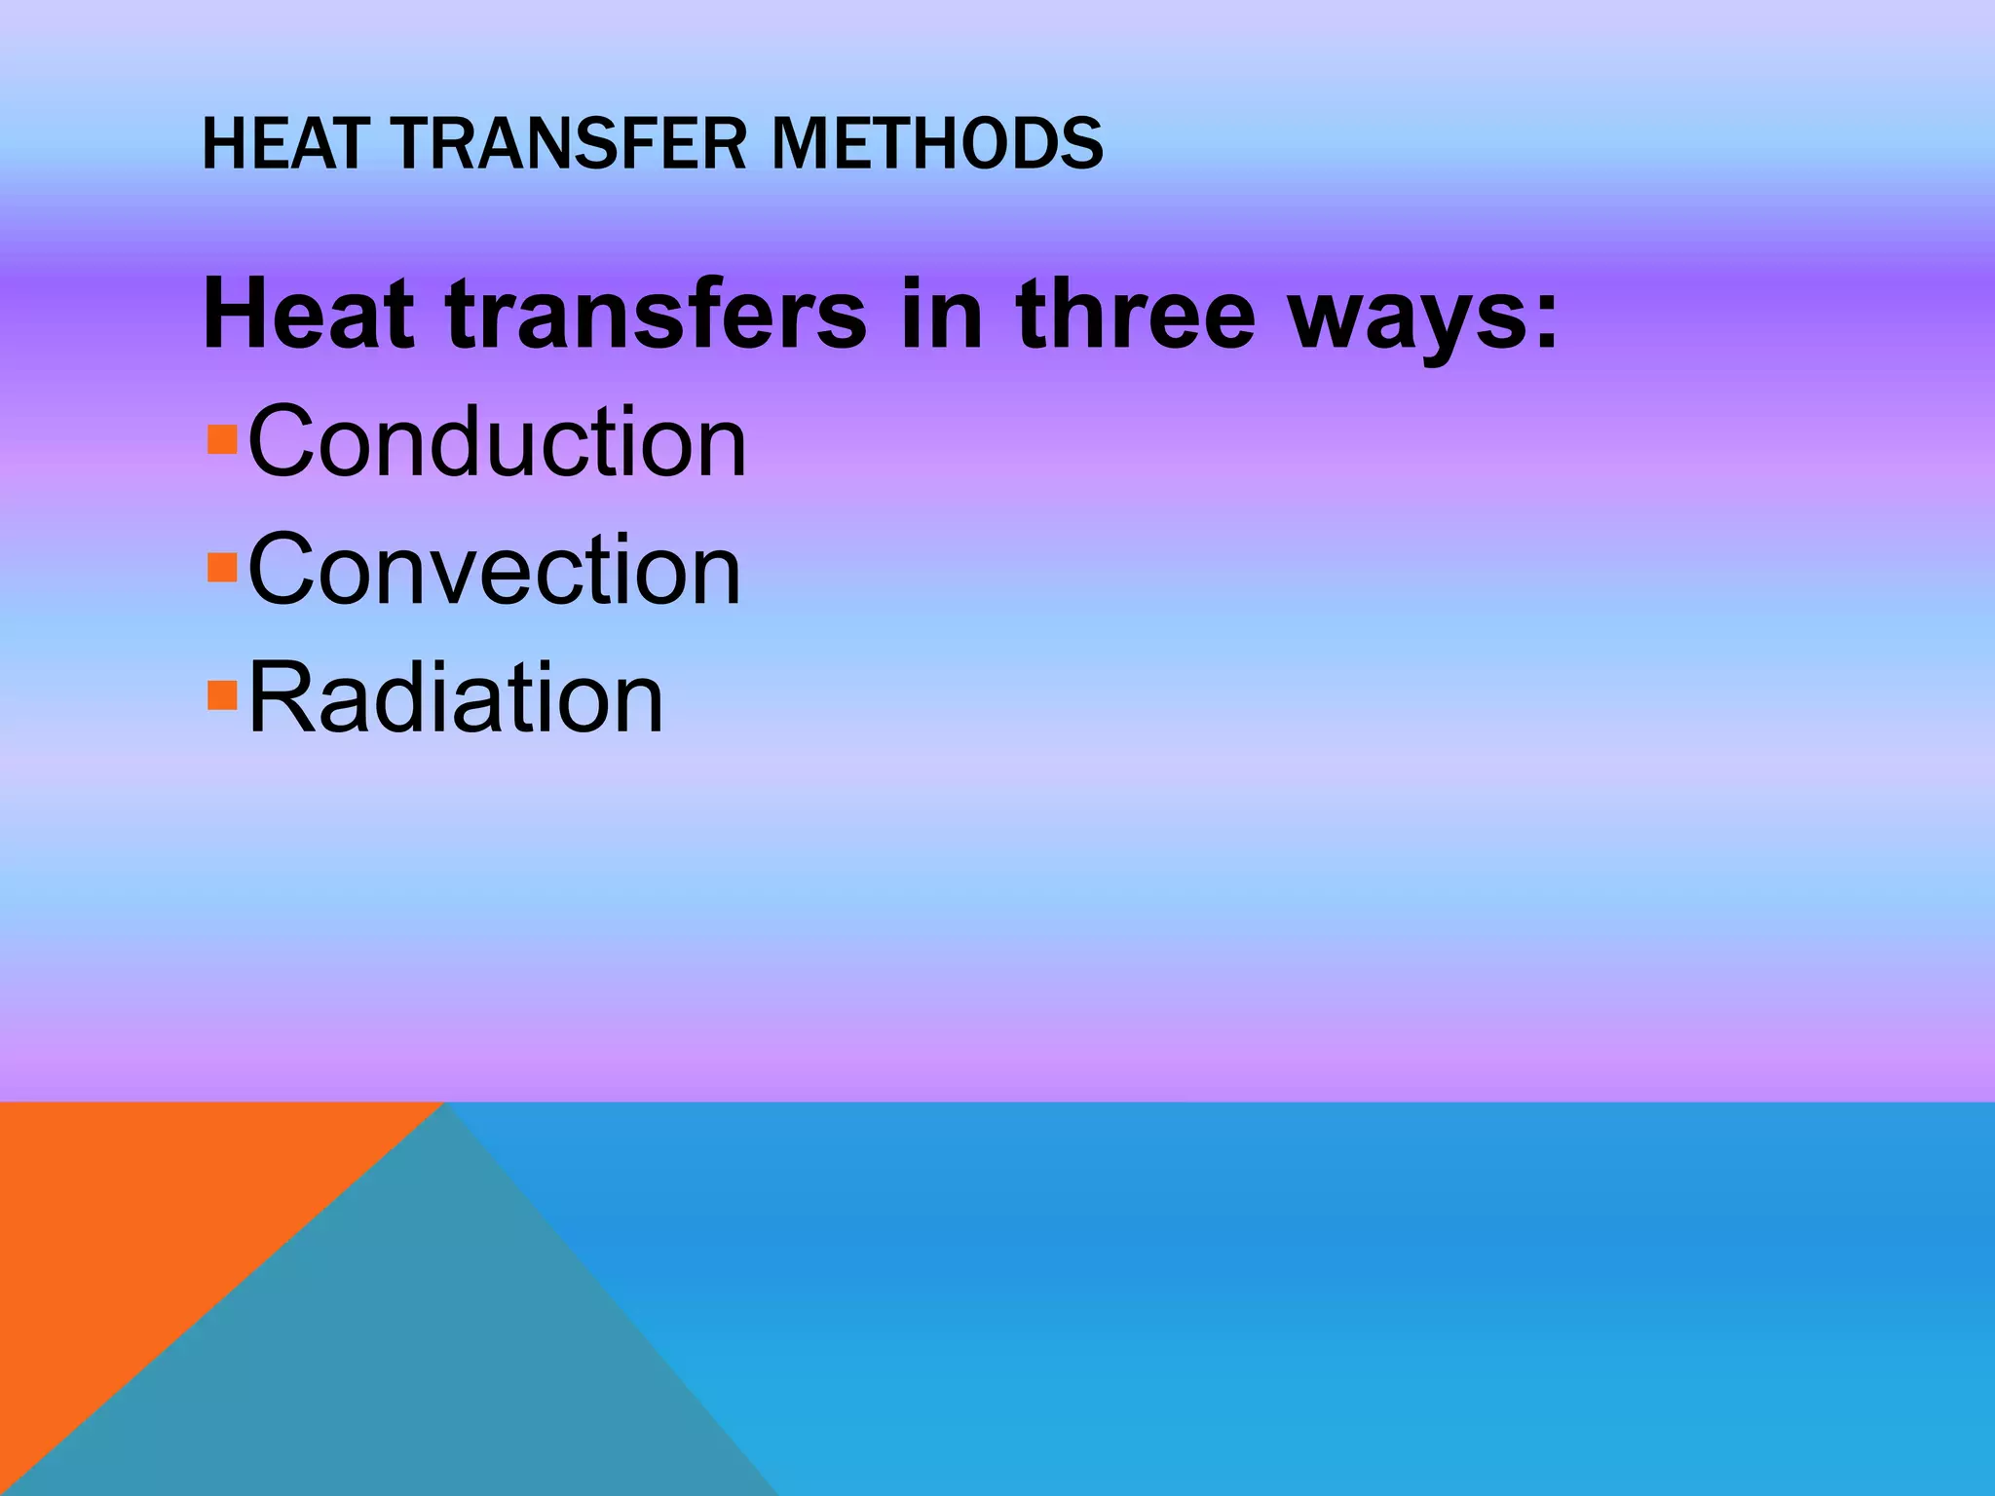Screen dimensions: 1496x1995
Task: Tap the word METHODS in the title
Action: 938,143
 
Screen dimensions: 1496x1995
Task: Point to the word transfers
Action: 656,314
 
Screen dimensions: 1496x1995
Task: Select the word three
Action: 1135,314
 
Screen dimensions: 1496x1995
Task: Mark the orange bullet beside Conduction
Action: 223,439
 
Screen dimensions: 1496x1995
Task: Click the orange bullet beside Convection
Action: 223,567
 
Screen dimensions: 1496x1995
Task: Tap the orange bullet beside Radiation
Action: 223,694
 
